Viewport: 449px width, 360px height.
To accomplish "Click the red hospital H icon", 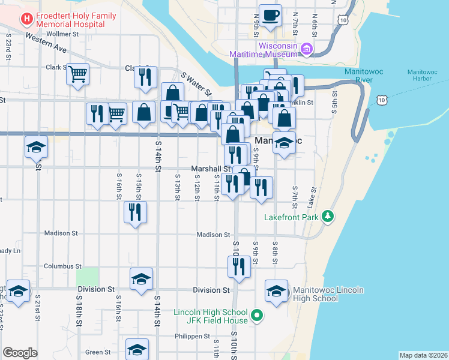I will click(26, 19).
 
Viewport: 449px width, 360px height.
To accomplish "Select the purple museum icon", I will click(307, 49).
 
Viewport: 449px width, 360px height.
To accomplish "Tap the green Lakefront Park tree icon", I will click(327, 216).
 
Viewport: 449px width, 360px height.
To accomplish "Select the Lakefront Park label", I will click(291, 217).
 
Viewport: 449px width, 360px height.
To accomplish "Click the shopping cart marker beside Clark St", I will click(77, 74).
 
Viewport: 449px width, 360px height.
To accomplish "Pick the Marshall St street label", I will click(211, 169).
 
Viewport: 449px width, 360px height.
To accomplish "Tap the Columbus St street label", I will click(62, 266).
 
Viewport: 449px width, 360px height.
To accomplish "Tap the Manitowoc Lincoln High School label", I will click(325, 294).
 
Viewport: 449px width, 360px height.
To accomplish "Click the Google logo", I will click(20, 353).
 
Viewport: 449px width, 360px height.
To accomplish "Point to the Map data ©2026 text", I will click(423, 355).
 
